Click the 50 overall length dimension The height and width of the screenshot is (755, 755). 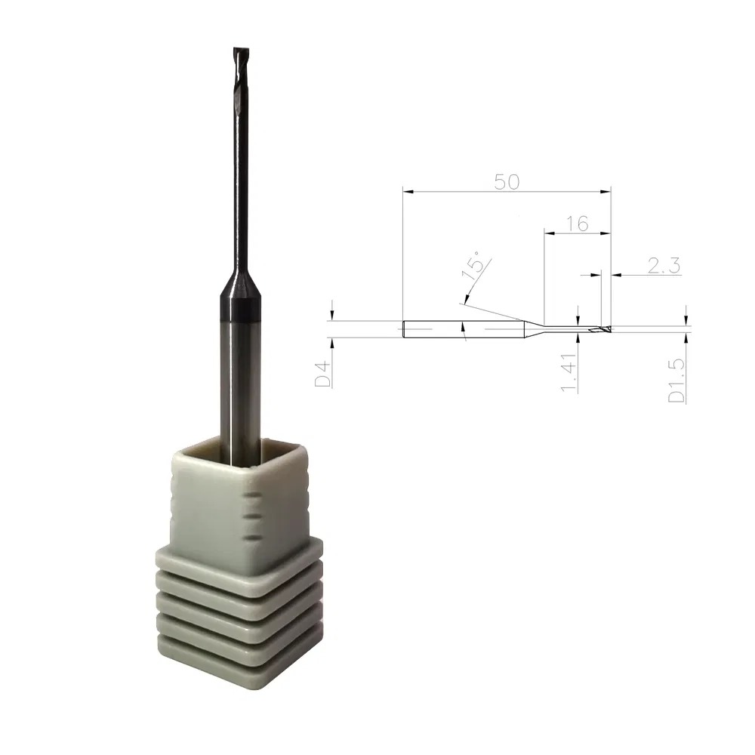coord(507,182)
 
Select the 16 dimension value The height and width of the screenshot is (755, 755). coord(577,223)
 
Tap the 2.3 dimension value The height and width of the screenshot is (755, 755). coord(664,265)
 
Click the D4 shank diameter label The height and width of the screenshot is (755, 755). coord(323,374)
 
